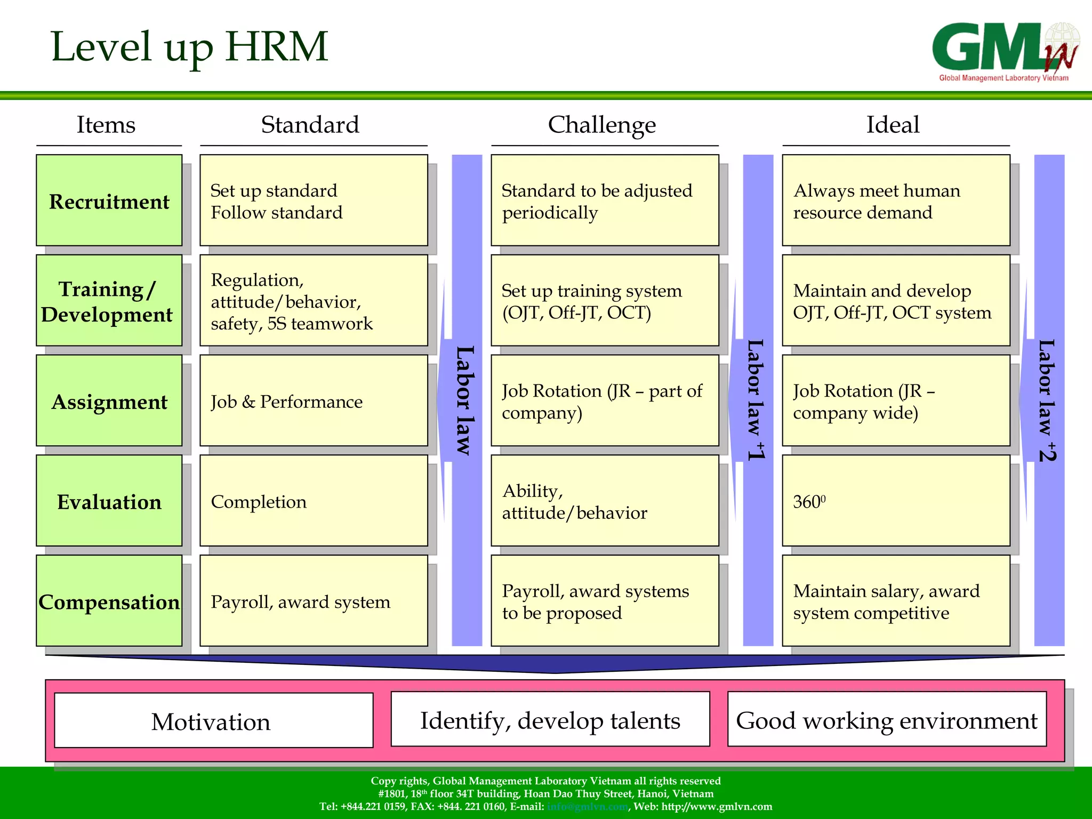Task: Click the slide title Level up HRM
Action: [x=189, y=47]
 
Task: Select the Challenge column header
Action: [x=601, y=125]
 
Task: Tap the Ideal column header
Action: [x=893, y=125]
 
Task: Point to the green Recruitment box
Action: [x=109, y=200]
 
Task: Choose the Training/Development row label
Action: [x=108, y=301]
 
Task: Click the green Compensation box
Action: [x=109, y=601]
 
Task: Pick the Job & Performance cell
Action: [x=314, y=401]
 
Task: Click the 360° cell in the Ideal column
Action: [x=896, y=501]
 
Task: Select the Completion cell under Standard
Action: [x=314, y=501]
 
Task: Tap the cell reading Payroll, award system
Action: [x=314, y=601]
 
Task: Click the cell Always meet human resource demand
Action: [x=896, y=200]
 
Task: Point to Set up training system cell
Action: [x=605, y=301]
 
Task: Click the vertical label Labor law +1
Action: [x=757, y=400]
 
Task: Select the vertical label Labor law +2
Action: [x=1048, y=400]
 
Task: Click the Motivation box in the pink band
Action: [x=213, y=721]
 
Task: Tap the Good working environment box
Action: [x=887, y=720]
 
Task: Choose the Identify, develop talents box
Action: [x=550, y=720]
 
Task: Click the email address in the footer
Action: [x=587, y=807]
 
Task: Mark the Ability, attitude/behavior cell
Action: [x=605, y=501]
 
